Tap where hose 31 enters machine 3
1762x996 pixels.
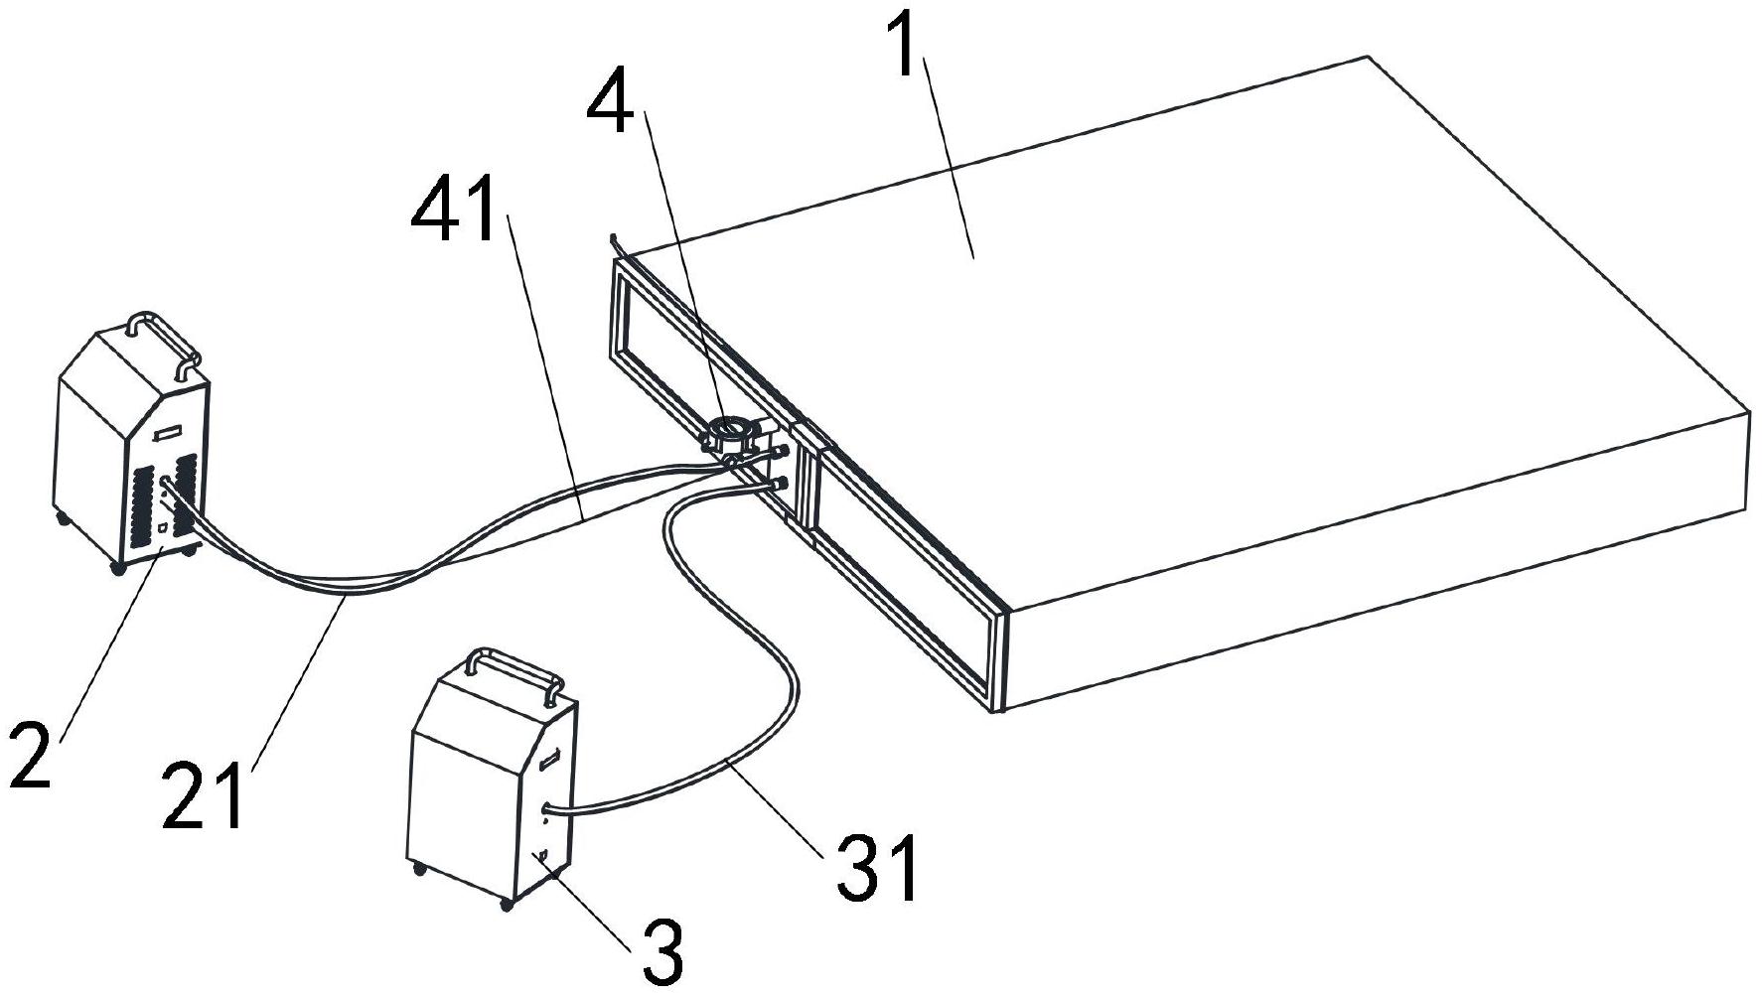pos(548,811)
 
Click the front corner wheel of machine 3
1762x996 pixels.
pos(508,903)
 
